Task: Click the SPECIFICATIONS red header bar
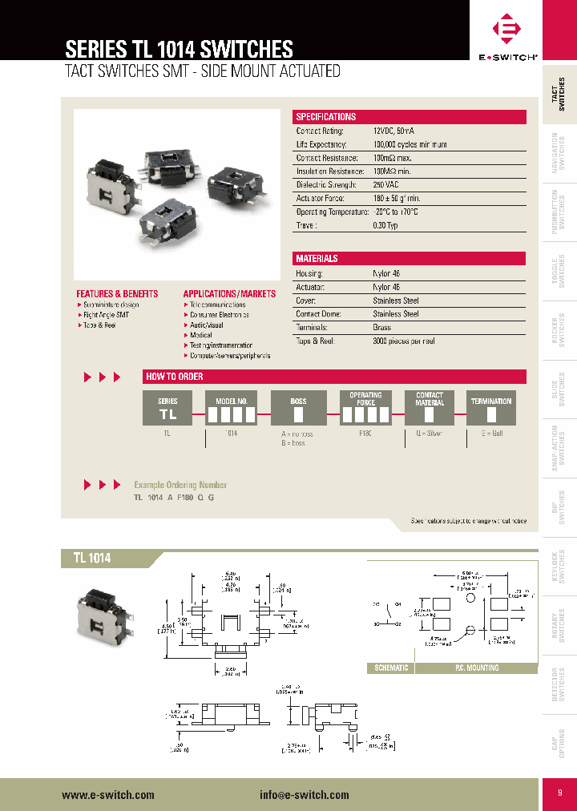click(410, 117)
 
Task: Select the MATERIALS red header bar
click(410, 259)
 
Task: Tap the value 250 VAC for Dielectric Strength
click(387, 184)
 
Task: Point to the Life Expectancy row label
click(321, 144)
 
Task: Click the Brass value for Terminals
click(382, 328)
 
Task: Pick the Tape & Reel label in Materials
click(314, 341)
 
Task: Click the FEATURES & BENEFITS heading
click(117, 294)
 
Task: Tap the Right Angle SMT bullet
click(106, 315)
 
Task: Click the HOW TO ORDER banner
click(334, 377)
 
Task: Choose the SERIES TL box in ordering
click(167, 407)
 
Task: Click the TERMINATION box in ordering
click(491, 407)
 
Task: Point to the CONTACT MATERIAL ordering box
click(430, 407)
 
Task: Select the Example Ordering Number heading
click(180, 485)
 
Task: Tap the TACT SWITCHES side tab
click(561, 94)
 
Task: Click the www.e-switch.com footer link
click(107, 795)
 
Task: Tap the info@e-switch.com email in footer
click(305, 795)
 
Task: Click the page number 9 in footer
click(560, 793)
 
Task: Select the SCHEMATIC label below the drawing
click(391, 668)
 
